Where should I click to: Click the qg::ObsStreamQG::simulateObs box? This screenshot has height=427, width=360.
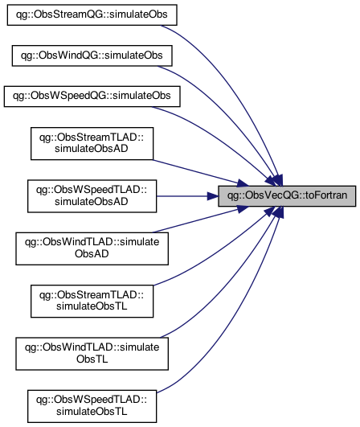[x=92, y=14]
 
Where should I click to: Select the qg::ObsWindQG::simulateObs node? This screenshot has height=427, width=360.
[x=92, y=55]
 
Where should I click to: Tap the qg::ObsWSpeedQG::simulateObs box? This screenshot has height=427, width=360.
[x=92, y=96]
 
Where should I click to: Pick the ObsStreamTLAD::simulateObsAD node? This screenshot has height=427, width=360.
[x=92, y=143]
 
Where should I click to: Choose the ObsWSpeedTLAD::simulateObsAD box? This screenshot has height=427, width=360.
[x=92, y=196]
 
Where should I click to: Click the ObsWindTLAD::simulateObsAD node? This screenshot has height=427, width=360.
[x=92, y=248]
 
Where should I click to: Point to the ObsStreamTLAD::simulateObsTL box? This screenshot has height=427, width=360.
[x=92, y=302]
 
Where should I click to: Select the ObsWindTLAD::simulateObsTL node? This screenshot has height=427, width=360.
[x=92, y=354]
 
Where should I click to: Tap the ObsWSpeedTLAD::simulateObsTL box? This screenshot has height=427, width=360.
[x=92, y=406]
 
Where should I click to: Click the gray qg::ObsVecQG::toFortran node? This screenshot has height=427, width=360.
[x=287, y=196]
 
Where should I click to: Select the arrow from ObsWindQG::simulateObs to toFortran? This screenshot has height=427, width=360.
[x=231, y=114]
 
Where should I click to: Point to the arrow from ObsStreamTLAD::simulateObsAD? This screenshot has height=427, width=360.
[x=201, y=173]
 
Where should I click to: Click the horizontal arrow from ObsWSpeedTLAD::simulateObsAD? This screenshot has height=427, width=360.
[x=187, y=196]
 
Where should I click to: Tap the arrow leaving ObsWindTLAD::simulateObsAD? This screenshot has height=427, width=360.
[x=201, y=220]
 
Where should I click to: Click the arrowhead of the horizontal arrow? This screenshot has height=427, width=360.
[x=212, y=196]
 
